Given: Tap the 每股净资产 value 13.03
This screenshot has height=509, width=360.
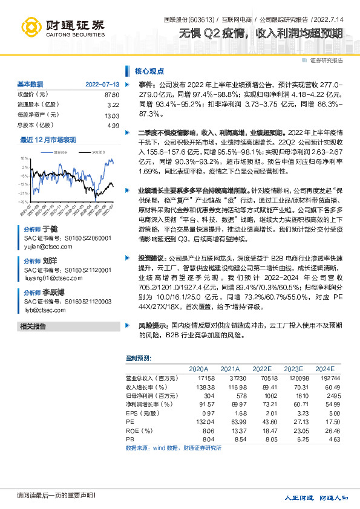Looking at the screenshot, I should [x=112, y=115].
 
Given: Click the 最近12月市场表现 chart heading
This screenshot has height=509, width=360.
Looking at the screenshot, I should [x=48, y=140].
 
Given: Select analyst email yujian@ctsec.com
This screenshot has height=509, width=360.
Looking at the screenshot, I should [x=45, y=247].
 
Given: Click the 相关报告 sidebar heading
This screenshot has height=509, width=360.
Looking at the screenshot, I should [x=33, y=326].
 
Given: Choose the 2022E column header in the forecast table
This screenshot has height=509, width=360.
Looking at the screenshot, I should [x=261, y=368].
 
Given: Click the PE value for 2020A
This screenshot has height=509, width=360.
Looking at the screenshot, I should [x=198, y=421].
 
